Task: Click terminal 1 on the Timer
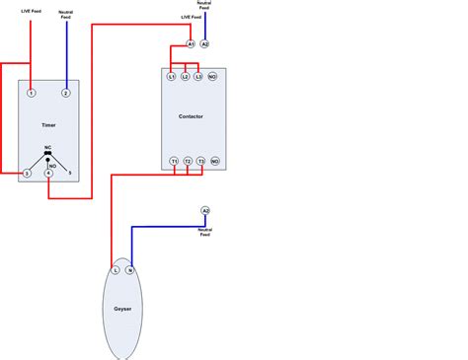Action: click(x=32, y=93)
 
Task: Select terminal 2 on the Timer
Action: click(x=66, y=93)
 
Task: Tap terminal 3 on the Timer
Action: click(x=28, y=174)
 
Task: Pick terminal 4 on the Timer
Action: click(x=48, y=174)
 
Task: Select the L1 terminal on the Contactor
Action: click(x=171, y=76)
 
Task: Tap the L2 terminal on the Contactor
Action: click(x=185, y=76)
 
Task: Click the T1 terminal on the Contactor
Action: click(x=174, y=161)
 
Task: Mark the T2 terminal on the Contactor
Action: click(x=188, y=161)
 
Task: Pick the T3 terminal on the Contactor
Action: click(x=201, y=161)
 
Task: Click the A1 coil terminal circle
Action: click(x=191, y=44)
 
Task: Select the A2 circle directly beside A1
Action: click(x=205, y=44)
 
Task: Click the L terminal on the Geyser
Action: click(x=116, y=269)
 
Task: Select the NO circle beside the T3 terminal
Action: click(x=215, y=161)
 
